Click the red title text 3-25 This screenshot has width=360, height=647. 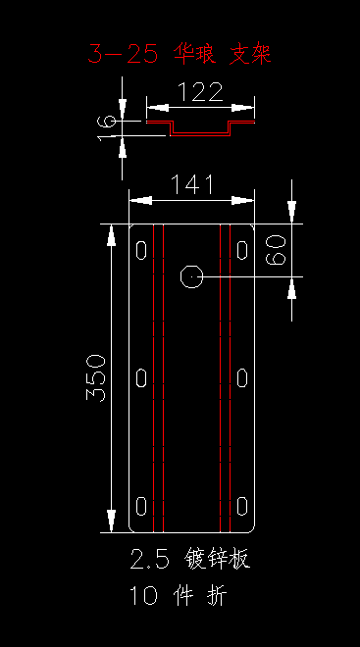(x=123, y=54)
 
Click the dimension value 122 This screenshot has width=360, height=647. (x=200, y=92)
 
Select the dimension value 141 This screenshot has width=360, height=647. (x=192, y=184)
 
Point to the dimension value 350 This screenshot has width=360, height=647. (x=96, y=377)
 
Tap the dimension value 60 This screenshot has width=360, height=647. (x=276, y=250)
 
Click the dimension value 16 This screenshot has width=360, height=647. (x=106, y=127)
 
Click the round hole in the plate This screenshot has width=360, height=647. (x=191, y=276)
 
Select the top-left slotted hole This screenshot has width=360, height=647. (x=141, y=250)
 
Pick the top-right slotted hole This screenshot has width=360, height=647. (x=242, y=250)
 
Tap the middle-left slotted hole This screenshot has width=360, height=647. (x=141, y=378)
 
